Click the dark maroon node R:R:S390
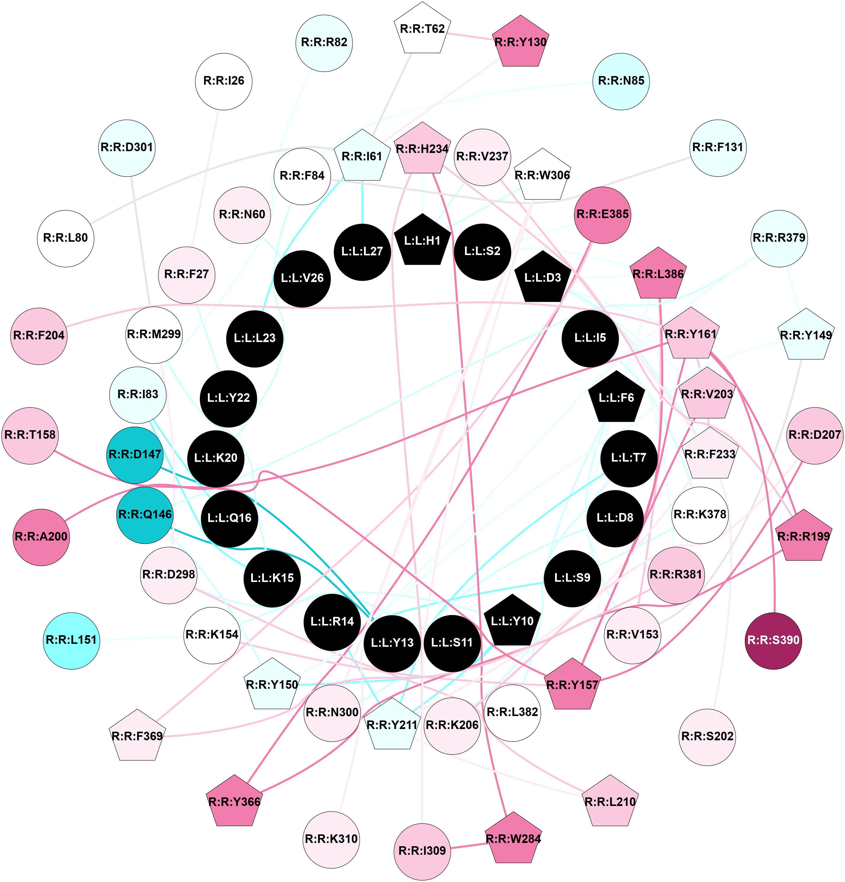773,640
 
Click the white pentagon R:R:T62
422,29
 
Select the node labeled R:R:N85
621,81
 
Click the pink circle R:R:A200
41,537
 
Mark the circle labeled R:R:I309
422,851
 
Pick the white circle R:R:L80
65,238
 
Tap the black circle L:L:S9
572,578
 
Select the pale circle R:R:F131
718,148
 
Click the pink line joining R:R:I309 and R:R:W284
469,845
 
